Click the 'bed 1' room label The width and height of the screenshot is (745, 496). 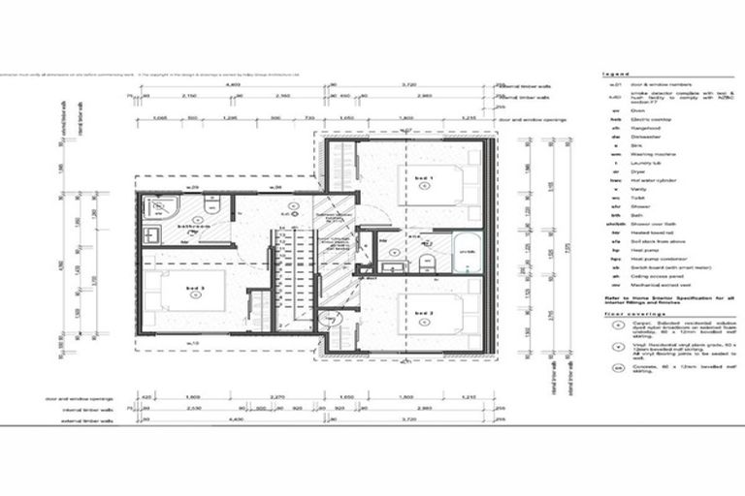[x=423, y=181]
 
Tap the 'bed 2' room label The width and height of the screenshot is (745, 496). [x=423, y=314]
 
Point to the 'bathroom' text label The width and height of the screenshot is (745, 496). [x=191, y=227]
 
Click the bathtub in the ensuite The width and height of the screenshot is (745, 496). [x=465, y=254]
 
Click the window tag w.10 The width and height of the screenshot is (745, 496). [x=192, y=342]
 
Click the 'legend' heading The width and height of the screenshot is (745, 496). [x=616, y=74]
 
